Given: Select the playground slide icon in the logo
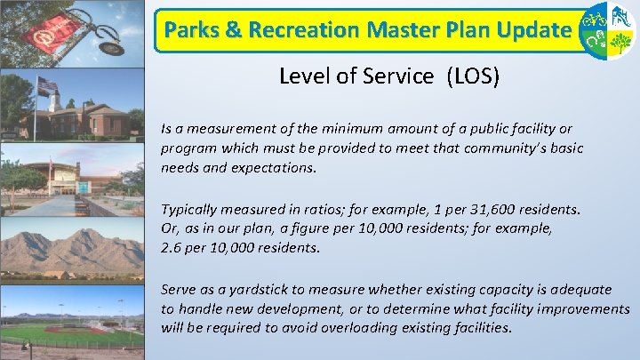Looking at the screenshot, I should [620, 16].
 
